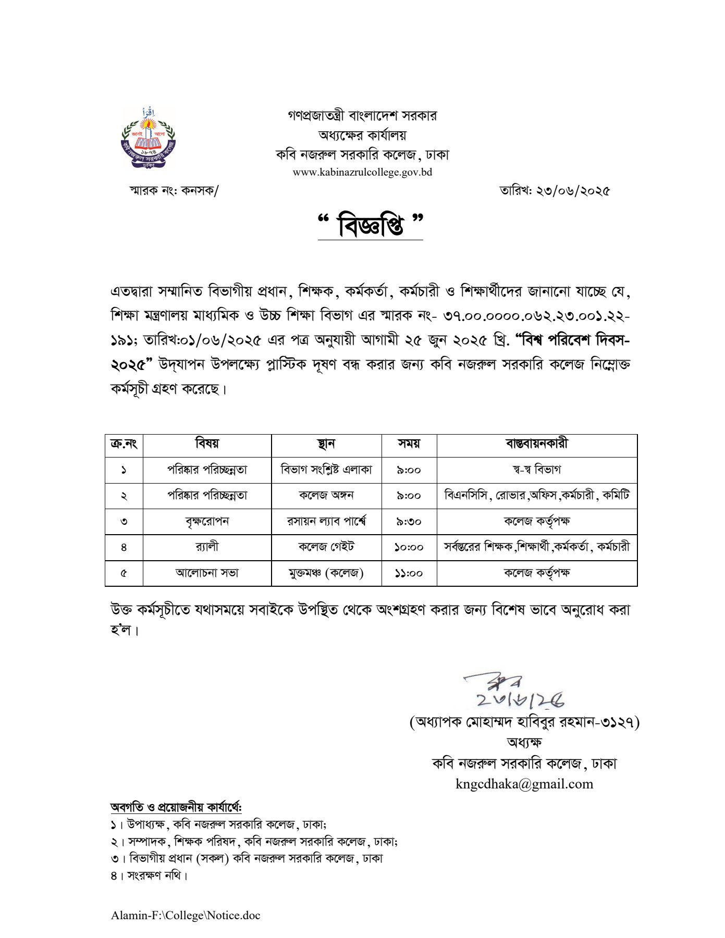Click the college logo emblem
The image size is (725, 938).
click(x=148, y=138)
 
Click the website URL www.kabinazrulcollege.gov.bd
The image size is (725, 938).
click(x=362, y=172)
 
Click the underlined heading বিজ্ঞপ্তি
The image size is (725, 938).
click(x=371, y=226)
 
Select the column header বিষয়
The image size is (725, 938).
click(x=207, y=444)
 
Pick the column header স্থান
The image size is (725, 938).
click(x=326, y=444)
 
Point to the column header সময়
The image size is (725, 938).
click(x=409, y=444)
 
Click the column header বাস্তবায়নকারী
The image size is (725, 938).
click(x=537, y=444)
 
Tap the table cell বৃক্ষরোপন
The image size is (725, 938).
click(x=207, y=521)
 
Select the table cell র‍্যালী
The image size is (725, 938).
click(x=207, y=547)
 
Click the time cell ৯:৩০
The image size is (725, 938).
click(x=409, y=522)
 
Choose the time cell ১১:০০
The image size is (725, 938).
click(x=409, y=573)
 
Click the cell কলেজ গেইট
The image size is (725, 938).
click(x=326, y=547)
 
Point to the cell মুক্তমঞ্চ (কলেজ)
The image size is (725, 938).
click(x=326, y=573)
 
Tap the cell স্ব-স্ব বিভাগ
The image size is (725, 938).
click(x=537, y=470)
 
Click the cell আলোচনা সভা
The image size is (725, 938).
click(x=207, y=573)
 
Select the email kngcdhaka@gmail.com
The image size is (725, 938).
click(x=524, y=784)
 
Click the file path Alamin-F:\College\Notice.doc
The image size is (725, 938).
click(x=186, y=915)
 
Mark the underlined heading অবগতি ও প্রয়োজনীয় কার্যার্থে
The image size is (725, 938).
click(x=176, y=807)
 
